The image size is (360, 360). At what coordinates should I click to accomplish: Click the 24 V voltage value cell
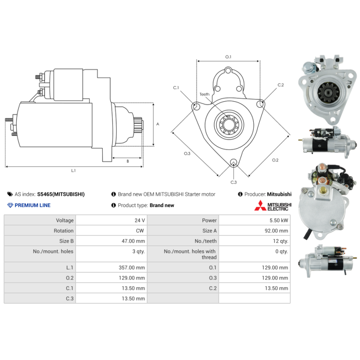[x=139, y=220]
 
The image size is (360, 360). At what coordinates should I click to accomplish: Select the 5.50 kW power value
[x=279, y=220]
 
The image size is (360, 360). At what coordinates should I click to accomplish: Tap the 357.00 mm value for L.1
[x=132, y=267]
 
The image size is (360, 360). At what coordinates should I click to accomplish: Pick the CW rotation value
[x=140, y=231]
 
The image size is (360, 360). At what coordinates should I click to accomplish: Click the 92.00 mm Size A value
[x=276, y=231]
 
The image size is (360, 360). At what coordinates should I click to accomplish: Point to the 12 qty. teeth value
[x=280, y=241]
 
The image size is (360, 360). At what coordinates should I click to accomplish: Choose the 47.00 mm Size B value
[x=133, y=241]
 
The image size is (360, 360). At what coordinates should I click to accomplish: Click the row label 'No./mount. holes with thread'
[x=190, y=254]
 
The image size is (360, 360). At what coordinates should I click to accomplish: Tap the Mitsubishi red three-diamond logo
[x=260, y=205]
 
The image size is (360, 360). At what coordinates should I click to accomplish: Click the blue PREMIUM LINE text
[x=32, y=205]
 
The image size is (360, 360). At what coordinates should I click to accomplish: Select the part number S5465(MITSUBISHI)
[x=61, y=194]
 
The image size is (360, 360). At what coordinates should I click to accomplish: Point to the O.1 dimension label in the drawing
[x=228, y=57]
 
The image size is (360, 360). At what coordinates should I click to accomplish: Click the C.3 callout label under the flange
[x=234, y=182]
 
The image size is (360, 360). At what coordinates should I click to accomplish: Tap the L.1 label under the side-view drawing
[x=73, y=171]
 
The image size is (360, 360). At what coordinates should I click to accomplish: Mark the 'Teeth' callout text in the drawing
[x=204, y=94]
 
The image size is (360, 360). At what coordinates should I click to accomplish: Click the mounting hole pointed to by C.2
[x=260, y=103]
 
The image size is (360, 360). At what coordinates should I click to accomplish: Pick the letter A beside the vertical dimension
[x=158, y=124]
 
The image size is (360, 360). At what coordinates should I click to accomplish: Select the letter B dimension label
[x=128, y=161]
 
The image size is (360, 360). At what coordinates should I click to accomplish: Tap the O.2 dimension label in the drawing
[x=275, y=160]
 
